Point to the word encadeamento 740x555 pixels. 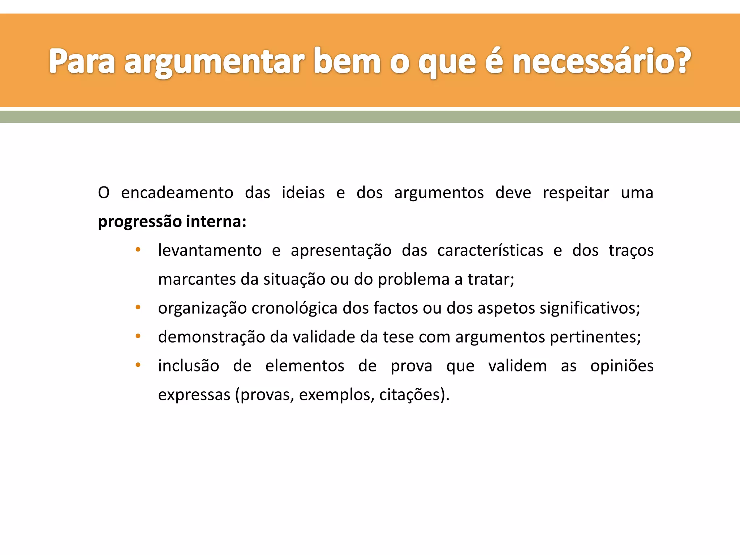point(177,193)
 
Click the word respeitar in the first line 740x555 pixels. point(576,193)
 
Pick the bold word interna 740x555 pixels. point(216,221)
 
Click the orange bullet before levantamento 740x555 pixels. point(138,250)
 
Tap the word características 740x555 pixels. point(490,250)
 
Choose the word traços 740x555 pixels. point(631,250)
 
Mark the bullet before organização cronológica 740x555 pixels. point(138,307)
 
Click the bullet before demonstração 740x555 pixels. point(138,336)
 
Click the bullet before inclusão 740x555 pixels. point(138,365)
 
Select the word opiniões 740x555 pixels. point(622,366)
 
